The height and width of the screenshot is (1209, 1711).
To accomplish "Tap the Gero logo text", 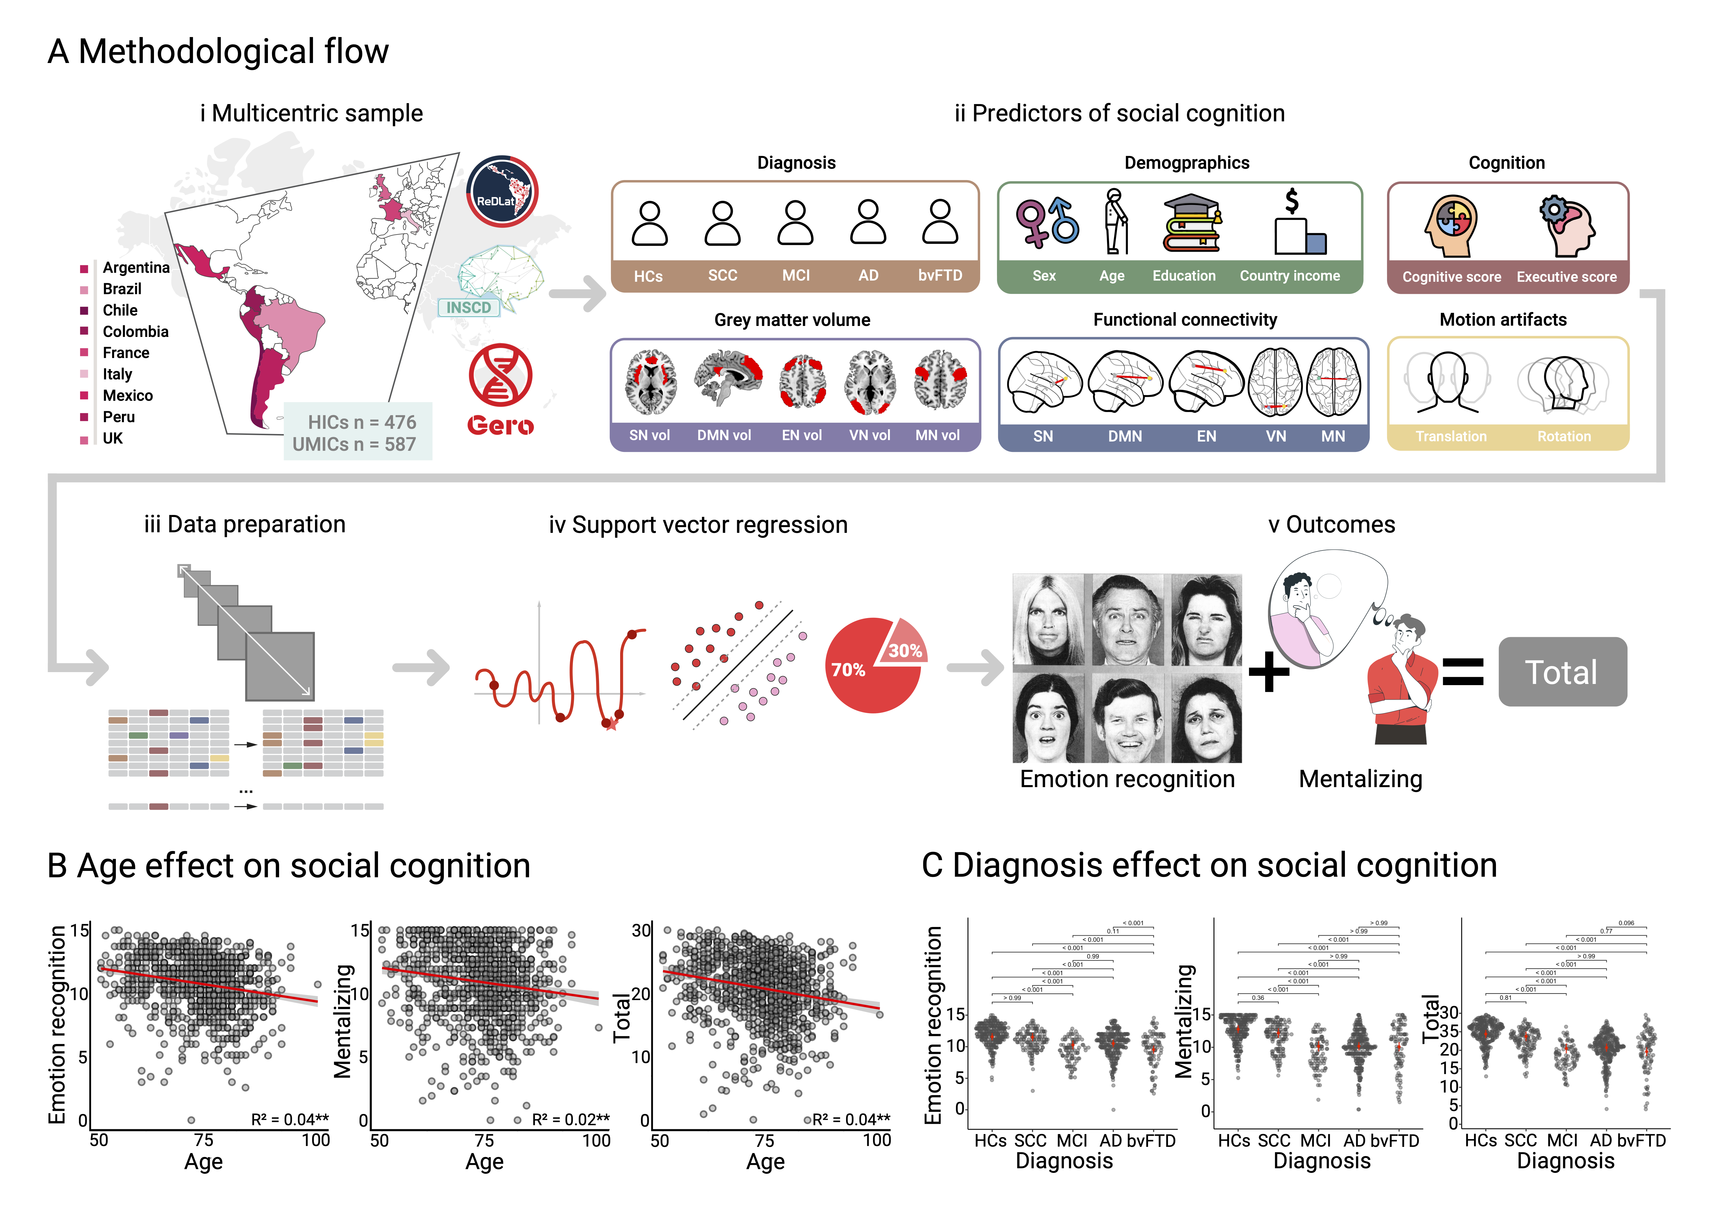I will click(x=500, y=426).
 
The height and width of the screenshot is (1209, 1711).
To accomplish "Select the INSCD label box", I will click(x=469, y=307).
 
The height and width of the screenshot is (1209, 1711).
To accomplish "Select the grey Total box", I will click(x=1562, y=672).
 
